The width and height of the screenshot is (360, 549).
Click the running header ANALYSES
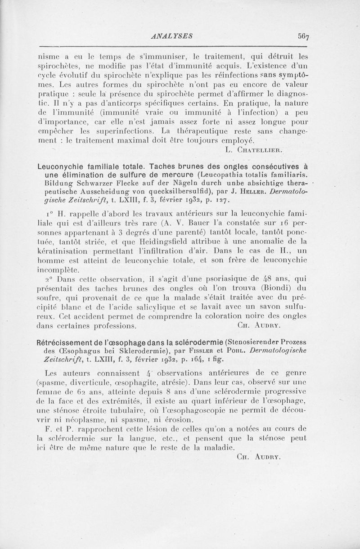point(173,34)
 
